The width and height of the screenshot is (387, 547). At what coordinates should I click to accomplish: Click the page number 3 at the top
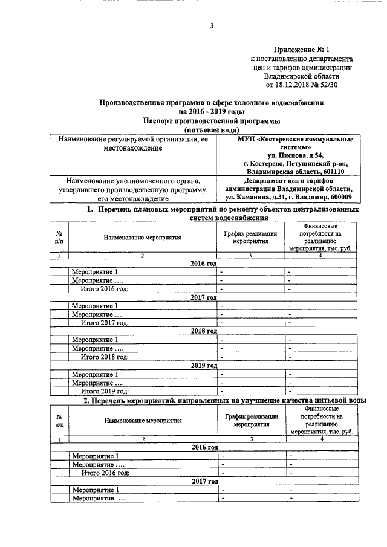pyautogui.click(x=212, y=25)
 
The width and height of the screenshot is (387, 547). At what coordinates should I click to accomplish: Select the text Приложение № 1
pyautogui.click(x=301, y=48)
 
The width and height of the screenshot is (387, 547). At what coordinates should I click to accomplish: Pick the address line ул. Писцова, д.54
pyautogui.click(x=293, y=155)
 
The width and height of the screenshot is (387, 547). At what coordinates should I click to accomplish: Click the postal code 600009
pyautogui.click(x=340, y=197)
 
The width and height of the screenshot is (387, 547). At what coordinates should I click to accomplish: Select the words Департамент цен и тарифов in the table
pyautogui.click(x=293, y=180)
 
